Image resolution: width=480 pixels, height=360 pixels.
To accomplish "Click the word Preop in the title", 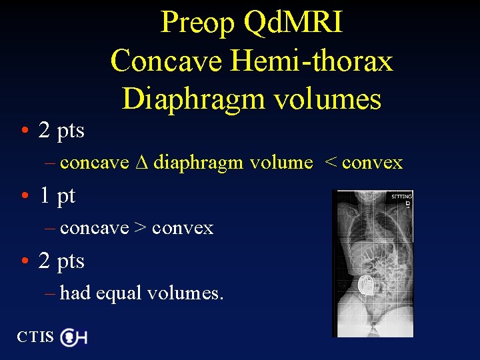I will click(x=198, y=23).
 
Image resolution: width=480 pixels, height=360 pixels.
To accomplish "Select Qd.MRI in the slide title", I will click(x=294, y=23).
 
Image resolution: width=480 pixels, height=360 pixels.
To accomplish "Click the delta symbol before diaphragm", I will click(x=141, y=162).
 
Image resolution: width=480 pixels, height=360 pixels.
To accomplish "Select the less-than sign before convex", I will click(x=330, y=163).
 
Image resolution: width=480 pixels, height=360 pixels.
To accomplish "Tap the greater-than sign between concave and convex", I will click(x=141, y=228).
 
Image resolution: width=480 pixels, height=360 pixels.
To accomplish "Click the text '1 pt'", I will click(x=57, y=196).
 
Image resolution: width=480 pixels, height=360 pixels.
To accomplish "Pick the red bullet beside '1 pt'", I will click(x=24, y=196).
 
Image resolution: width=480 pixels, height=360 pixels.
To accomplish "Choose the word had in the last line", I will click(x=75, y=293).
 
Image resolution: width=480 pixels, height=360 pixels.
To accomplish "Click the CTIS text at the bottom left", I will click(x=35, y=337).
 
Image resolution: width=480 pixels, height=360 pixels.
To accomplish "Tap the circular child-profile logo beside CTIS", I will click(x=68, y=338).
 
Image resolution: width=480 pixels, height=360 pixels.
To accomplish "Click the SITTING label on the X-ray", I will click(x=401, y=197).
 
